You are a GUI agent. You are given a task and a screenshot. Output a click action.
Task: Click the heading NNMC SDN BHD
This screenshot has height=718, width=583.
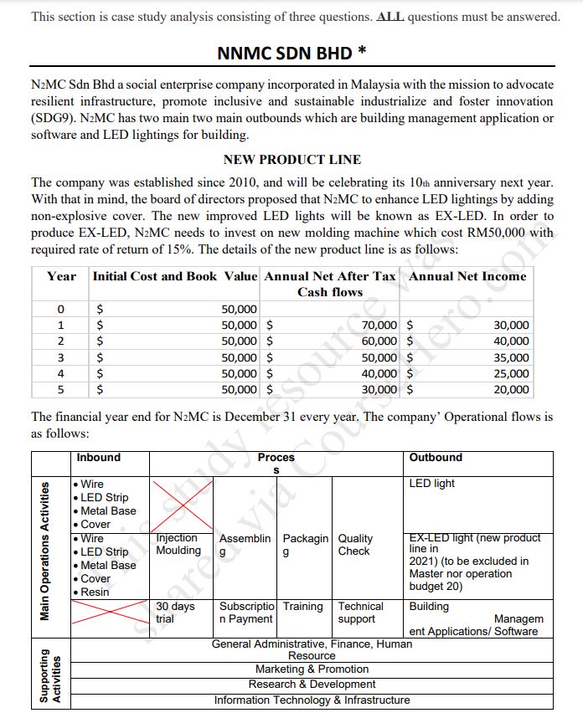point(291,54)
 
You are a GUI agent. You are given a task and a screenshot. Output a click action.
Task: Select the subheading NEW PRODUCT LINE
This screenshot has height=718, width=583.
point(291,159)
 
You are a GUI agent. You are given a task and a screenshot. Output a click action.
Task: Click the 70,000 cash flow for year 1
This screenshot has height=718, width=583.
point(379,325)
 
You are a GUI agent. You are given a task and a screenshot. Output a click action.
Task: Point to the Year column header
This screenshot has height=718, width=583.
point(61,276)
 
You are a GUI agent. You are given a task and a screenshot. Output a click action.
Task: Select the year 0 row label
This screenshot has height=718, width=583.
point(60,310)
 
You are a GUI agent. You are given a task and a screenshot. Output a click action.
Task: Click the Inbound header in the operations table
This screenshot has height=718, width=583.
point(99,458)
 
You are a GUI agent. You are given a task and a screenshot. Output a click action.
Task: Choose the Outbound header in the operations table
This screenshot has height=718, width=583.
point(436,458)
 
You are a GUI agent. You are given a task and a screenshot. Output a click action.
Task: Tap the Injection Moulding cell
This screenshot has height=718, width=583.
point(178,544)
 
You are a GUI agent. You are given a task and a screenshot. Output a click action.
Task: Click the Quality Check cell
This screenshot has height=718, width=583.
point(355,545)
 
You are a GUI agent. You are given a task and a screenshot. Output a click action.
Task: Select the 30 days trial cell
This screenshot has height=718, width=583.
point(175,613)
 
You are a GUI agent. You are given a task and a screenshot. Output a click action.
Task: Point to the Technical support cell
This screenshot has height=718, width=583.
point(360,613)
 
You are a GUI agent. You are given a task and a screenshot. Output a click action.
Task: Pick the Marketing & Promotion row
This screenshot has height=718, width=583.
point(312,669)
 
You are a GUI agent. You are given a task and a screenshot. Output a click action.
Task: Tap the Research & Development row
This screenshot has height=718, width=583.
point(312,685)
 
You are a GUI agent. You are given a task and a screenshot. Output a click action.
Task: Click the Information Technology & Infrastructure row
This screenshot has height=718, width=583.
point(312,700)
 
